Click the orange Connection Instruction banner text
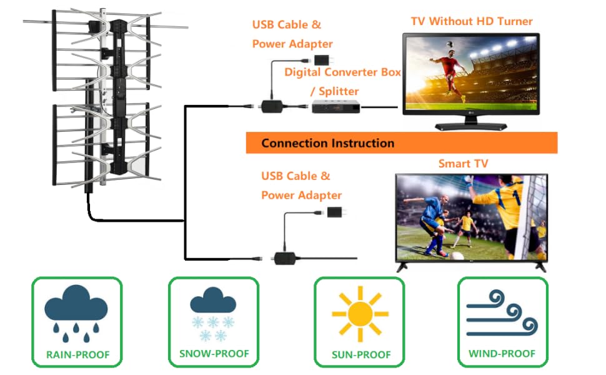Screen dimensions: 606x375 tap(328, 143)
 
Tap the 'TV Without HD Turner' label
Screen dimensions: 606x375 tap(472, 21)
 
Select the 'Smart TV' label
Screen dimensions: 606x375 tap(463, 164)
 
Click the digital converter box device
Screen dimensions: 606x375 tap(336, 106)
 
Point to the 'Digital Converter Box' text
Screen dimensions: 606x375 tap(342, 72)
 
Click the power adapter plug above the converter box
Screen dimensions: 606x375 tap(323, 60)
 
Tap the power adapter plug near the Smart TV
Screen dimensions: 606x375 tap(336, 212)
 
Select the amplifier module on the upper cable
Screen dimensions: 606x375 tap(272, 106)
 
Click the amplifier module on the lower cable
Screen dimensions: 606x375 tap(285, 258)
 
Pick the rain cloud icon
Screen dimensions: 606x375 tap(76, 313)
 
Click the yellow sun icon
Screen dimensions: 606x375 tap(360, 314)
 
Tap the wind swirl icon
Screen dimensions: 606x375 tap(502, 313)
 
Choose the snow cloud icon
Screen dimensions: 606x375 tap(213, 314)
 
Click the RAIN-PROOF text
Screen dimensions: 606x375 tap(77, 354)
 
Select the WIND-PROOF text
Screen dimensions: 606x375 tap(502, 354)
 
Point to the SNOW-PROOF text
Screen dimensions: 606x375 tap(214, 354)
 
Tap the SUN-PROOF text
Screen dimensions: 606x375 tap(361, 354)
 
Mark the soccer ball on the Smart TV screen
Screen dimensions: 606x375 tap(457, 256)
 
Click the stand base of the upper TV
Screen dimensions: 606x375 tap(470, 126)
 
